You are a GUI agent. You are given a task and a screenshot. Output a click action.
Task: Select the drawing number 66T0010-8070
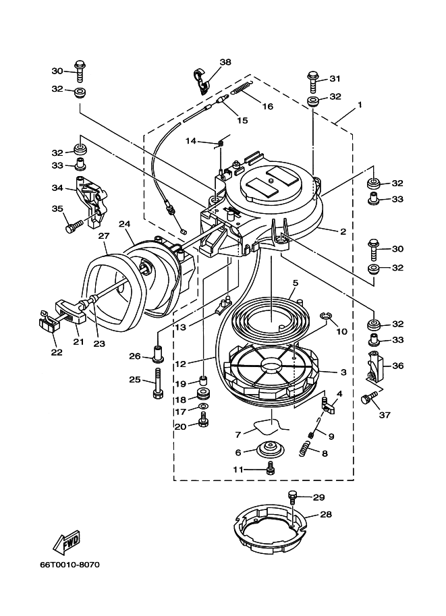tap(69, 565)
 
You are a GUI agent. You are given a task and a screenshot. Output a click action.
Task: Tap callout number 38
tap(225, 62)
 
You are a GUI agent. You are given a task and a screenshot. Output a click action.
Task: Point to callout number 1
tap(360, 105)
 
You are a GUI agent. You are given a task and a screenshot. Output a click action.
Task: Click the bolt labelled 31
tap(313, 82)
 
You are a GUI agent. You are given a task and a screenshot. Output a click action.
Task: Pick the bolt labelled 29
tap(293, 495)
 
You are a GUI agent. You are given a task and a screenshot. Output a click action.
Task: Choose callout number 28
tap(326, 514)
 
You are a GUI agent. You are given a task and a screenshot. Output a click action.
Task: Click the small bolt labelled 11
tap(270, 468)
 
